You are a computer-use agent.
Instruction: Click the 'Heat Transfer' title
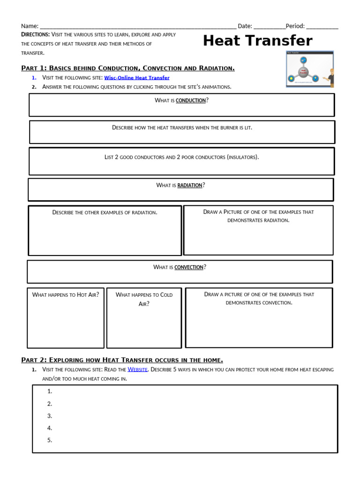(257, 41)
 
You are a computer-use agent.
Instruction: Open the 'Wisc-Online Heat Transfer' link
(136, 78)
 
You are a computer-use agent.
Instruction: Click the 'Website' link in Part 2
(138, 370)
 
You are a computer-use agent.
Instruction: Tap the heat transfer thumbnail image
(310, 69)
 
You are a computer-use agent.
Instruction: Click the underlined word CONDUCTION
(190, 101)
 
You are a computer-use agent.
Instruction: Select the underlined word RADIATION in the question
(189, 186)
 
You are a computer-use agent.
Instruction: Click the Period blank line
(322, 27)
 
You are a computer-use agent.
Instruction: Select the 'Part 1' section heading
(128, 68)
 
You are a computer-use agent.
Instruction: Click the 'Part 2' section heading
(122, 360)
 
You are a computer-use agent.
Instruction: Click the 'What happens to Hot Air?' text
(66, 295)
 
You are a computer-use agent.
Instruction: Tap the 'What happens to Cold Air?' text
(144, 299)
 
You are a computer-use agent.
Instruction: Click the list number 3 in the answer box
(50, 416)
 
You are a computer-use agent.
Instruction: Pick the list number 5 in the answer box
(50, 440)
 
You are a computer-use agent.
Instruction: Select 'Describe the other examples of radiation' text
(105, 213)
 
